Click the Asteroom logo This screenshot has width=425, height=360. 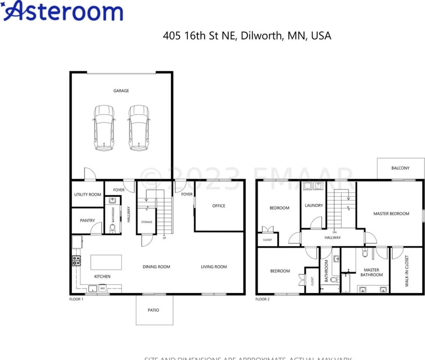click(63, 11)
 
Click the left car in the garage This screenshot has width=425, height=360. click(104, 128)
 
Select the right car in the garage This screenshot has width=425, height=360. click(139, 128)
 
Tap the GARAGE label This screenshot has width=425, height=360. click(121, 91)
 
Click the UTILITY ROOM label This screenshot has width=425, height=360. click(88, 195)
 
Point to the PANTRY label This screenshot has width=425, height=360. click(87, 220)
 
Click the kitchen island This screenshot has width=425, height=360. click(106, 262)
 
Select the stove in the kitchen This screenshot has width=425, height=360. click(76, 261)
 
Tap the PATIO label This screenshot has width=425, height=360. click(153, 310)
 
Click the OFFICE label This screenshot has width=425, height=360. click(219, 206)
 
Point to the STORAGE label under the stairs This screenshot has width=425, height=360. click(147, 222)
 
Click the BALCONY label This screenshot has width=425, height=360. click(400, 168)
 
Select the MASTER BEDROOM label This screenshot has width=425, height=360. click(391, 214)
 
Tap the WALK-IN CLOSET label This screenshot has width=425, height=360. click(407, 271)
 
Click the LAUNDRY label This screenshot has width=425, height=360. click(314, 205)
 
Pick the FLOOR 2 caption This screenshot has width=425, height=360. click(262, 299)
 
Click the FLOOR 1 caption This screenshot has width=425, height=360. click(76, 299)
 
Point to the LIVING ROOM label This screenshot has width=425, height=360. click(214, 267)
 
